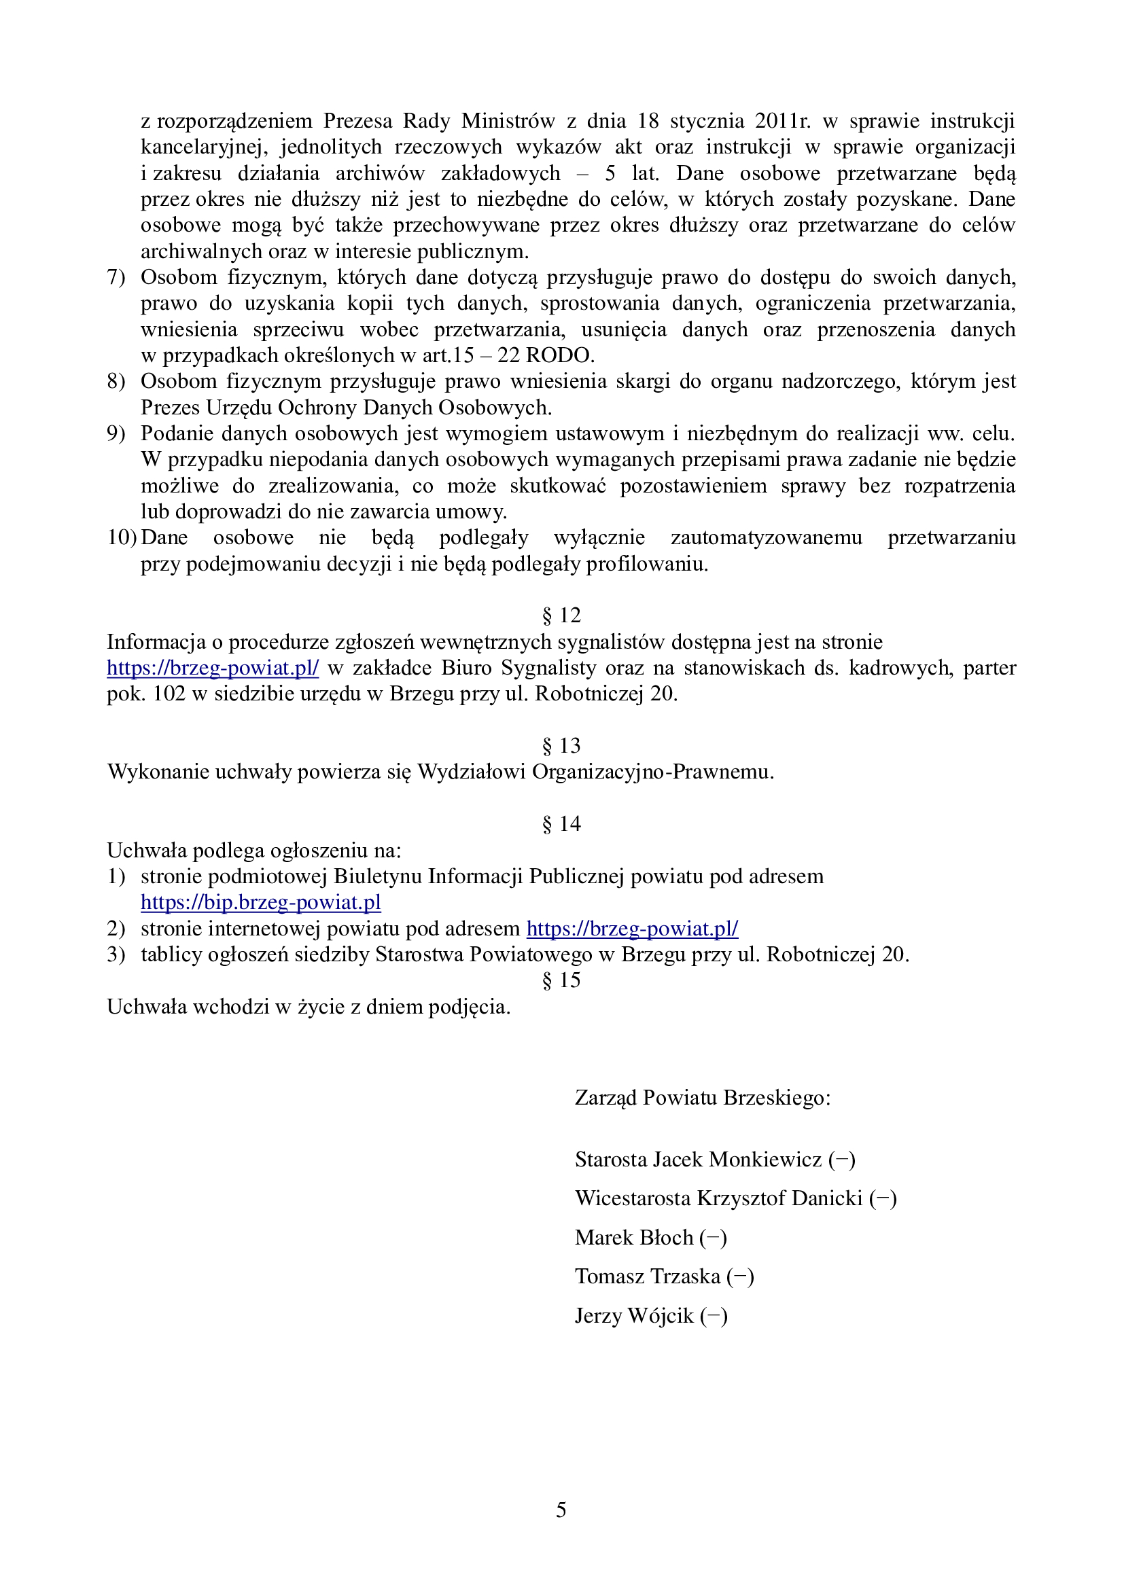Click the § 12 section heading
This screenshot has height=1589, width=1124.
[x=561, y=615]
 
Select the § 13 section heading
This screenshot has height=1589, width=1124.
[x=561, y=745]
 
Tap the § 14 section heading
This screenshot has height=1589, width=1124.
[x=561, y=823]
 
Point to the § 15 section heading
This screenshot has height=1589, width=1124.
[x=561, y=980]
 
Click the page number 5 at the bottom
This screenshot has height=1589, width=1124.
[x=561, y=1510]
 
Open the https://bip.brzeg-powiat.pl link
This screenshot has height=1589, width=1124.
[x=261, y=902]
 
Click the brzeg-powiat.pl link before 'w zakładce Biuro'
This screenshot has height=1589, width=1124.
[x=213, y=668]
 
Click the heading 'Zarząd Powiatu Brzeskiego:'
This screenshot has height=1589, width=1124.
[x=703, y=1098]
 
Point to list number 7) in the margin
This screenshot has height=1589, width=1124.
[x=116, y=278]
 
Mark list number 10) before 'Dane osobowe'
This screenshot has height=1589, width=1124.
[x=121, y=538]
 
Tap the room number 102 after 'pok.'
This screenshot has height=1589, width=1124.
[x=169, y=694]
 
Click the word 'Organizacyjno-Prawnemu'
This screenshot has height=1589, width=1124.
[x=652, y=772]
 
